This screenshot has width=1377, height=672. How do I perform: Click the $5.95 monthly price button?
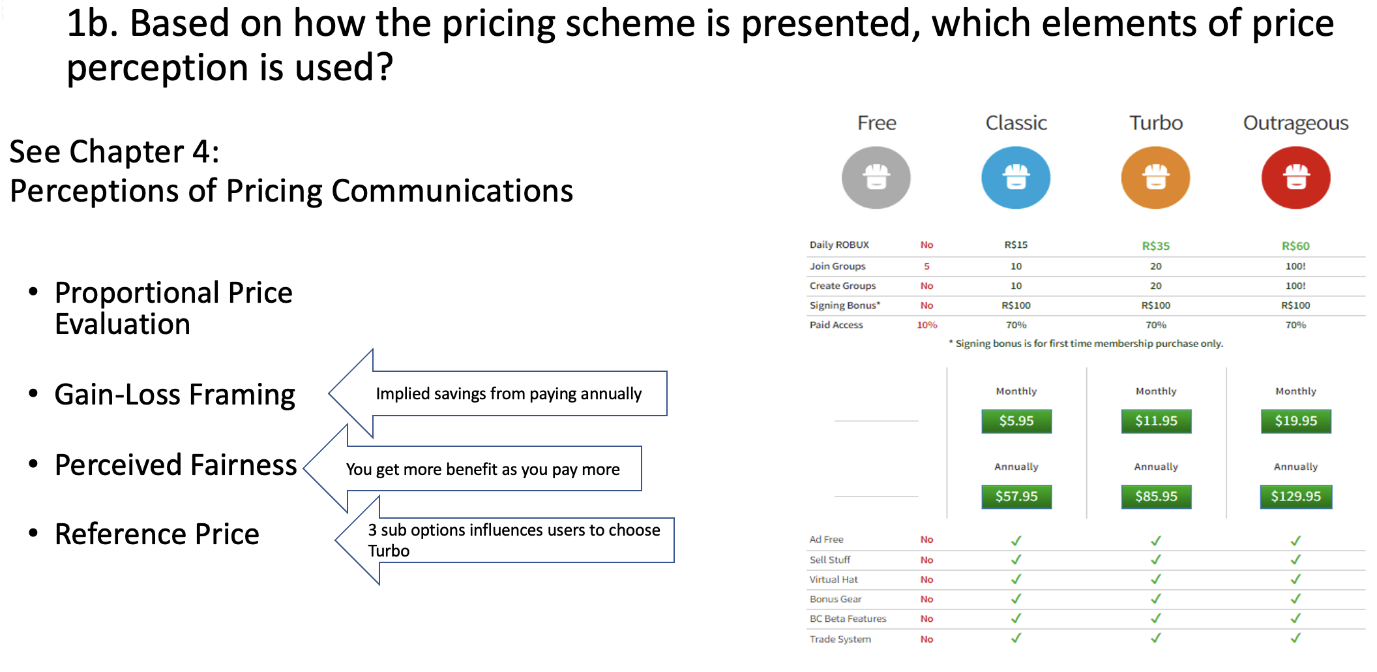1016,421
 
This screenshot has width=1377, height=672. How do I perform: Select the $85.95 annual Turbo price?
1156,496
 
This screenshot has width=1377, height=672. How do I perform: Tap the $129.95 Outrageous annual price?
1296,496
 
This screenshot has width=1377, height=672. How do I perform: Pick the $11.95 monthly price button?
1156,421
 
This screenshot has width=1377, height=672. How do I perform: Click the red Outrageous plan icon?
1296,177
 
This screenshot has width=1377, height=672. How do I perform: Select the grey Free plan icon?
876,177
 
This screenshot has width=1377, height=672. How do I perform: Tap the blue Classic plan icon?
1016,177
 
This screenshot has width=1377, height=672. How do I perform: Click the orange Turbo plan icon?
1155,177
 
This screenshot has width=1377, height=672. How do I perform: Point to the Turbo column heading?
1155,123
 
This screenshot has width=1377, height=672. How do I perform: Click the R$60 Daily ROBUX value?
1296,246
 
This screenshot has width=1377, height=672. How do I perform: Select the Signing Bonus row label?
844,305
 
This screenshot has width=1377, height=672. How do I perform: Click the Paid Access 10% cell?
926,325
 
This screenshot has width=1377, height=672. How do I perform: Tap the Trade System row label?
840,639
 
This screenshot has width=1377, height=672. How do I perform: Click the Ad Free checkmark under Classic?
1016,540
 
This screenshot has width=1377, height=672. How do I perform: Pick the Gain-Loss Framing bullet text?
175,395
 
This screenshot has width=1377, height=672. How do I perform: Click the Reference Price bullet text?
157,534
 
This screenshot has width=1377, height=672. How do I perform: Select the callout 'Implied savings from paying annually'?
509,393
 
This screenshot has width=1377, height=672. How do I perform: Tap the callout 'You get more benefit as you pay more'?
482,469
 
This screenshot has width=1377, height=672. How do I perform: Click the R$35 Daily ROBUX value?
1155,246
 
